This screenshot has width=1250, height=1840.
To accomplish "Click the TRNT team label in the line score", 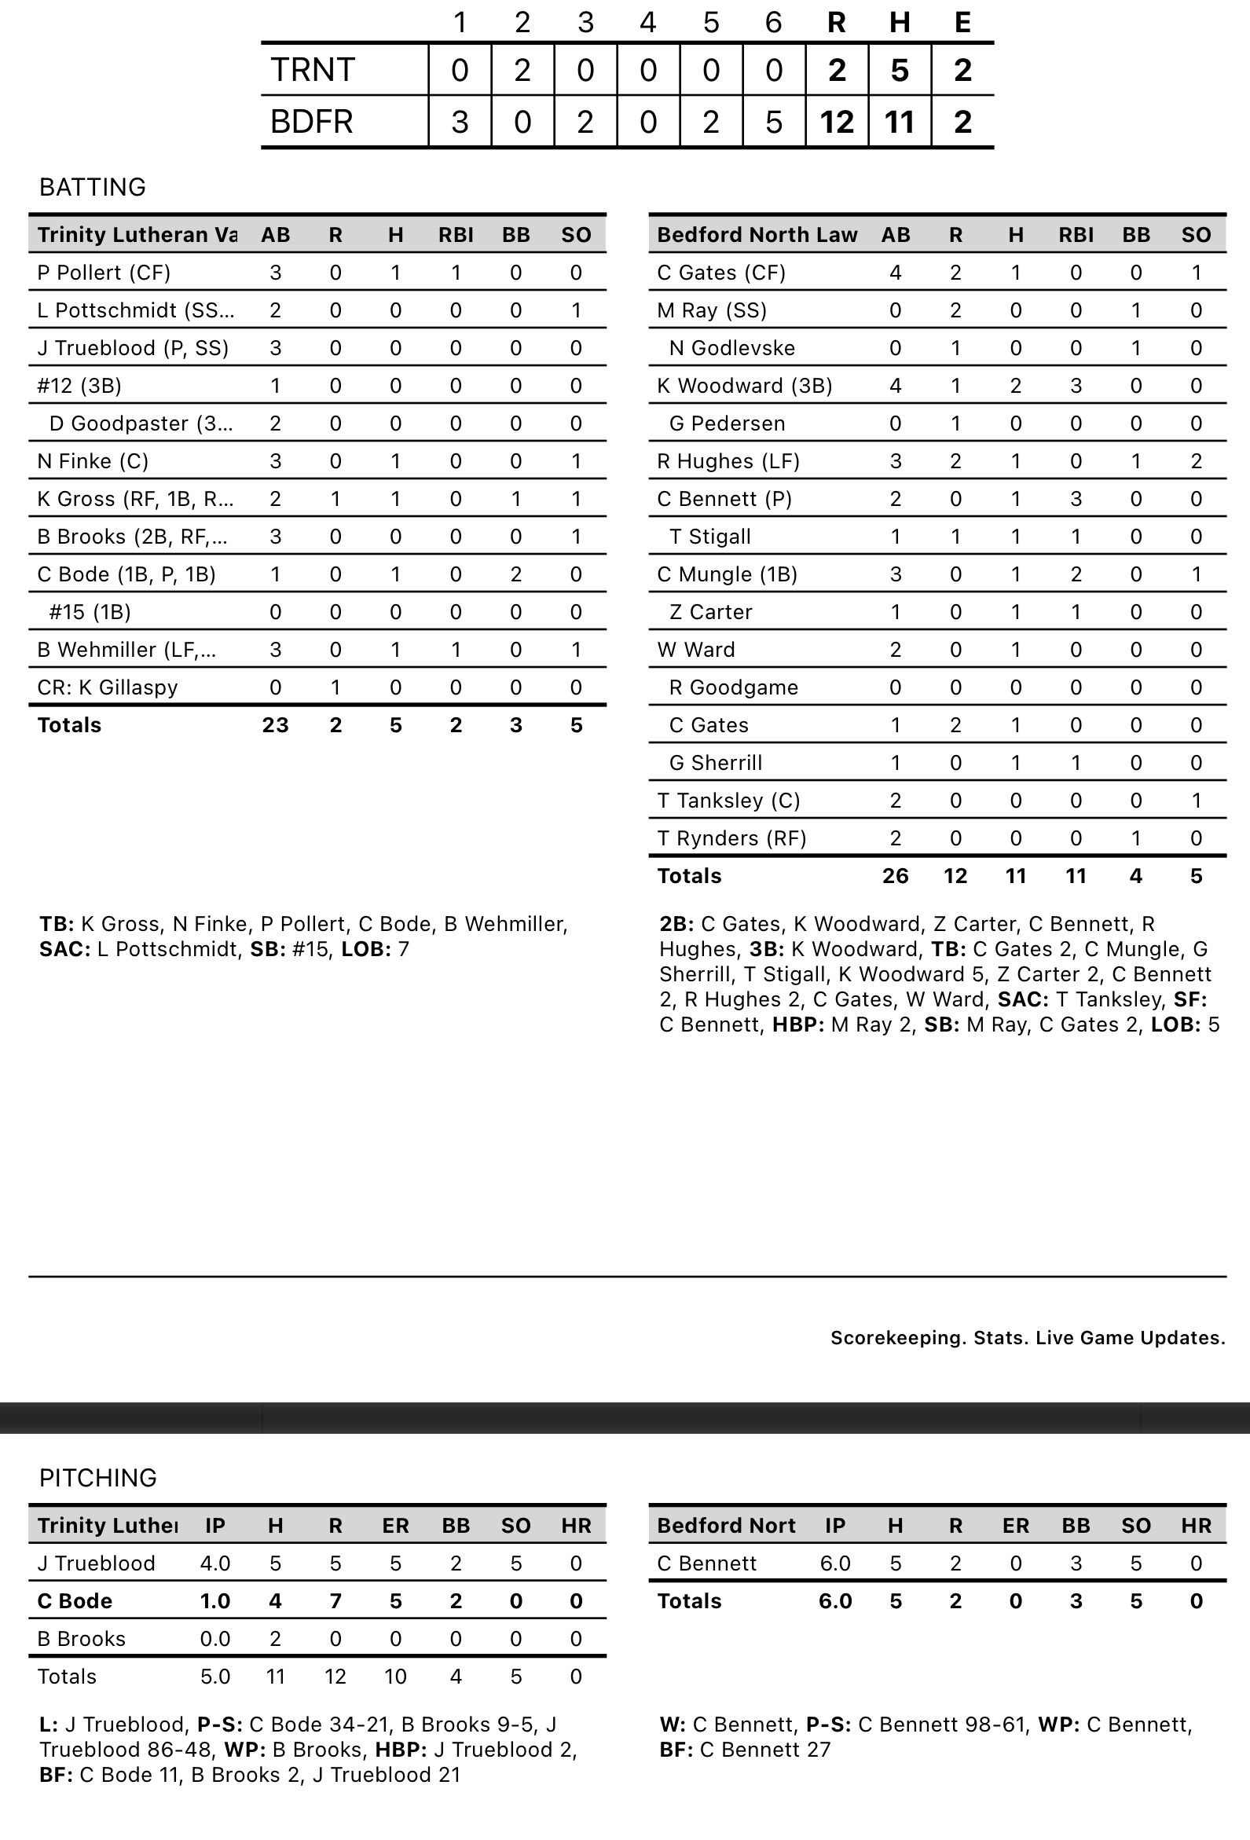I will (313, 70).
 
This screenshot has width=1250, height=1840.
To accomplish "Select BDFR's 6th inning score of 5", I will (773, 122).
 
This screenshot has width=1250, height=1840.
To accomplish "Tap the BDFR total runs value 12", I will (837, 122).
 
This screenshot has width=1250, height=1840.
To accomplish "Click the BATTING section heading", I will (93, 187).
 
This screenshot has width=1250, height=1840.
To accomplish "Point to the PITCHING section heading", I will (98, 1477).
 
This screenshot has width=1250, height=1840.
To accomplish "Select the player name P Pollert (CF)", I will (104, 273).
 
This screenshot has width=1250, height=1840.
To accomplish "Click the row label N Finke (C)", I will (93, 461).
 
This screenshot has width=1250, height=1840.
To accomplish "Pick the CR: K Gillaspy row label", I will (108, 687).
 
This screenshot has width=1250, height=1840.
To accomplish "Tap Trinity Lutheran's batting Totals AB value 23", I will (276, 725).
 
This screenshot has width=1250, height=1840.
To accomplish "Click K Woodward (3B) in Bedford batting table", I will (744, 386).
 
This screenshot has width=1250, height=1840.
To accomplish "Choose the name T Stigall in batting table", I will (710, 537).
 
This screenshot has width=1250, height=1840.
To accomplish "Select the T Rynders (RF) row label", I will (731, 838).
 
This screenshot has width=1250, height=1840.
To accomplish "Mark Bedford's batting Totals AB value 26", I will (896, 876).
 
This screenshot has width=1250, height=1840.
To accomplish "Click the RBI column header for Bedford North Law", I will (1076, 235).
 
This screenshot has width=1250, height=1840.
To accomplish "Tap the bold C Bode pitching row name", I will (75, 1601).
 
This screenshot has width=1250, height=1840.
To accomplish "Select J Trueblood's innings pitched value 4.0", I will (215, 1563).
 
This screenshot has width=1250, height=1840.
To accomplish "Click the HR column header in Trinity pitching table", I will (576, 1526).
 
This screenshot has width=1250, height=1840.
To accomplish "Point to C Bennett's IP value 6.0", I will (835, 1563).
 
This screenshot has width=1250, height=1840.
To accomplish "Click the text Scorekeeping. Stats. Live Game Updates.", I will (1028, 1338).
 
